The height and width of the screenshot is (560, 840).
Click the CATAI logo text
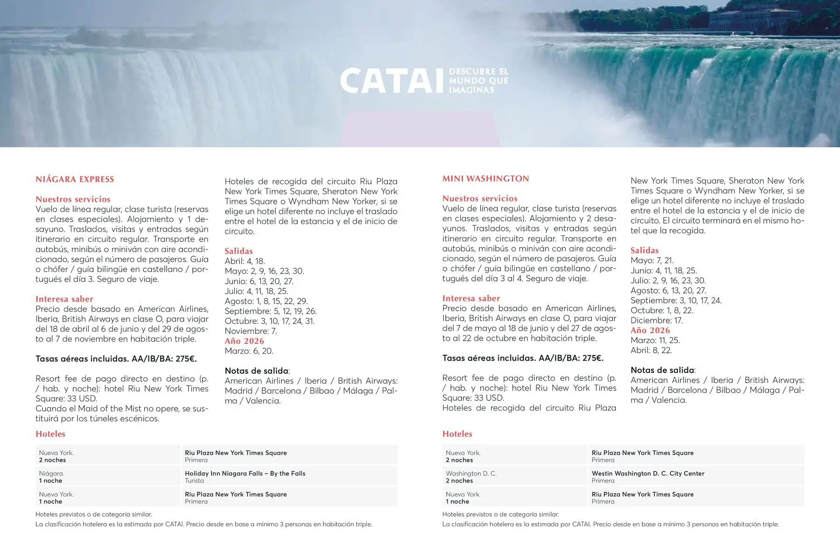tap(391, 81)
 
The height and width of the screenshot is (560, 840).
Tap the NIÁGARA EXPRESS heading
tap(75, 179)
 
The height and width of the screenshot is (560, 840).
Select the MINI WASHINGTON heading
tap(485, 179)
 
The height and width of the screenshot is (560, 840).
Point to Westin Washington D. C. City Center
tap(648, 473)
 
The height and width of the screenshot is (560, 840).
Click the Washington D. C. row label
tap(471, 473)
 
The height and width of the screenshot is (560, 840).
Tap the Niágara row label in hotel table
tap(51, 473)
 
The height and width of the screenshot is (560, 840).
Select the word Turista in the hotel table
tap(194, 481)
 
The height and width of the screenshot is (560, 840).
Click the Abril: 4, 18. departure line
tap(245, 261)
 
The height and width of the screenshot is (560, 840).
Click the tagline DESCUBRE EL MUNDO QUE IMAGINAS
tap(478, 80)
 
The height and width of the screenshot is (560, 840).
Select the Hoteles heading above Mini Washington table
tap(457, 434)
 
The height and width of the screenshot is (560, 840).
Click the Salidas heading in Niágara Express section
tap(238, 251)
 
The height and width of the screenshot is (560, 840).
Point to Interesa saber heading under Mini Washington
tap(471, 298)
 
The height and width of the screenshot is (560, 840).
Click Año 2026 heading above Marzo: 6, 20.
tap(244, 341)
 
